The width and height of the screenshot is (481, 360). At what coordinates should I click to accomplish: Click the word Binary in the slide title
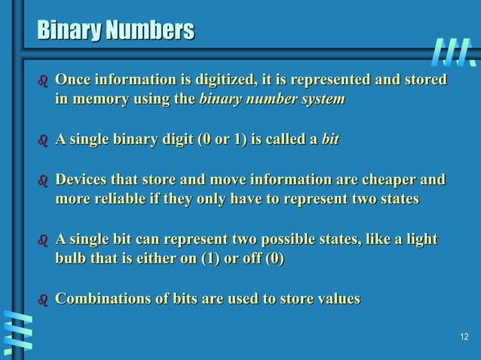pos(69,31)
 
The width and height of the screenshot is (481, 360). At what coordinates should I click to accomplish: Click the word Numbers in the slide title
pos(149,31)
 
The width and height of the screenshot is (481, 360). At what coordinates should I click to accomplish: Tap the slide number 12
pos(464,336)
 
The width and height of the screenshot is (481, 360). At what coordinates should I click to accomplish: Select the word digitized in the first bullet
pos(217,80)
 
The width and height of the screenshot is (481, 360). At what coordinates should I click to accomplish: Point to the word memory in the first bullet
pos(99,99)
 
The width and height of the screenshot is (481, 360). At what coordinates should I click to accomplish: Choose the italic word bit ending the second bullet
pos(329,139)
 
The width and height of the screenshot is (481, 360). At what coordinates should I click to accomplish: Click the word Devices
pos(83,179)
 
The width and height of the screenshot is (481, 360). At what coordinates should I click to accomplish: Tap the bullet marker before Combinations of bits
pos(42,301)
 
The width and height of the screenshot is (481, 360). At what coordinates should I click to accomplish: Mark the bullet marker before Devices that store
pos(42,181)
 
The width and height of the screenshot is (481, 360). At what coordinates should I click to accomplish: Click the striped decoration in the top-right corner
pos(454,51)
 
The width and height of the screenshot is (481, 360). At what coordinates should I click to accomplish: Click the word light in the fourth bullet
pos(420,239)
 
